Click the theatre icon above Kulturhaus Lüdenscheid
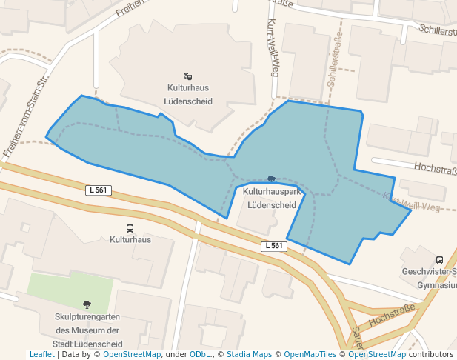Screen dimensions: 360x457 (187, 76)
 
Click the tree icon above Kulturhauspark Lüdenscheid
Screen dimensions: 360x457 (271, 179)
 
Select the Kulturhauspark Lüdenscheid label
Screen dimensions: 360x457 (272, 198)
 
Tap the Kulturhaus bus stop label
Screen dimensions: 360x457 (130, 240)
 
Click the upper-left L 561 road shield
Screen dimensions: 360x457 (99, 190)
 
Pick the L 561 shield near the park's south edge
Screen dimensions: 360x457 (274, 246)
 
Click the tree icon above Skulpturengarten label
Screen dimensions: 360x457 (87, 304)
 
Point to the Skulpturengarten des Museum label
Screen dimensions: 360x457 (87, 330)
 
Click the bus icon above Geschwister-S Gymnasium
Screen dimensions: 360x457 (440, 260)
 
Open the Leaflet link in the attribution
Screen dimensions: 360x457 (41, 355)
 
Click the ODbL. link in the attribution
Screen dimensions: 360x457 (200, 355)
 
